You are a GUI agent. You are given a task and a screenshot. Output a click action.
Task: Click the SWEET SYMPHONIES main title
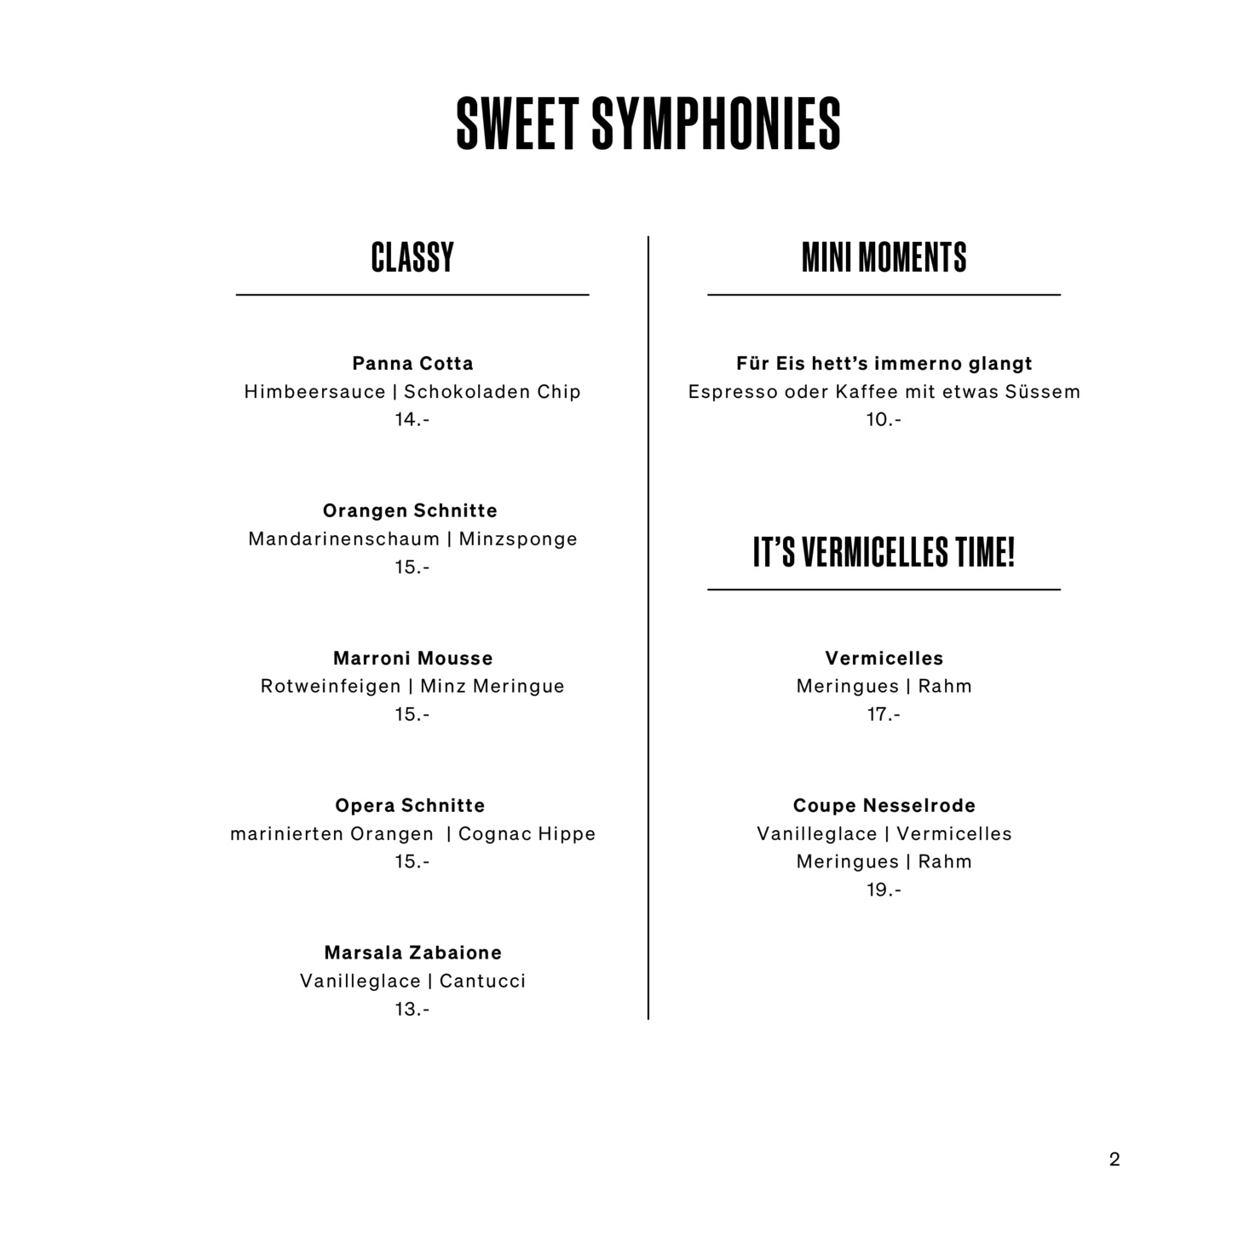coord(648,124)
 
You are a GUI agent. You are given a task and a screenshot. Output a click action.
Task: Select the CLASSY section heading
coord(412,257)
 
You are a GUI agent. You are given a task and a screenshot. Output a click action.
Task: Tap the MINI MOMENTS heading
coord(884,257)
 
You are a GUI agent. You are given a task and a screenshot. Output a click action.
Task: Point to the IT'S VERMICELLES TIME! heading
coord(884,552)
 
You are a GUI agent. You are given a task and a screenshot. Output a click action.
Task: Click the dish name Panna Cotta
coord(412,364)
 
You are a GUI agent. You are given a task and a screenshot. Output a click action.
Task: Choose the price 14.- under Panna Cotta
coord(412,420)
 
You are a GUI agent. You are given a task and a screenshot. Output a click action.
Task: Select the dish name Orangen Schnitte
coord(410,511)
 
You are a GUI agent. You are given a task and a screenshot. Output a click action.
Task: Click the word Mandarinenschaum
coord(343,539)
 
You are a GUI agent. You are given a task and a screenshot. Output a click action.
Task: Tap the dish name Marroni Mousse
coord(412,659)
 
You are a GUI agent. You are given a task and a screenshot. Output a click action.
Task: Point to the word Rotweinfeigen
coord(331,687)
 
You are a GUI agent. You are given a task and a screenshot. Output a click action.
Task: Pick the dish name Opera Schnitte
coord(410,806)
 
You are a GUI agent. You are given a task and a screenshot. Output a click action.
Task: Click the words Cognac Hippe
coord(527,834)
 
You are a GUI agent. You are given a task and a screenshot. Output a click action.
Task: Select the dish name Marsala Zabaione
coord(412,953)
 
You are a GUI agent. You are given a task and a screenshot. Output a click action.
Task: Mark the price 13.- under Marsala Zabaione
coord(412,1010)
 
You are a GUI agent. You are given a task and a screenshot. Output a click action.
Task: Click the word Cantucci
coord(482,982)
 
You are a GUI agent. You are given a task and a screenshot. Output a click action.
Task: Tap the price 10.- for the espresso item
coord(884,420)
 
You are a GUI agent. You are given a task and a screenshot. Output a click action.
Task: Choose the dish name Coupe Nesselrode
coord(884,806)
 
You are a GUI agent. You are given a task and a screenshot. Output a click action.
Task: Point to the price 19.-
coord(884,890)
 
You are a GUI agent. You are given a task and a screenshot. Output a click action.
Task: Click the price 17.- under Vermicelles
coord(884,715)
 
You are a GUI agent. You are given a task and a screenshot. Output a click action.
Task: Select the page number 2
coord(1114,1160)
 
